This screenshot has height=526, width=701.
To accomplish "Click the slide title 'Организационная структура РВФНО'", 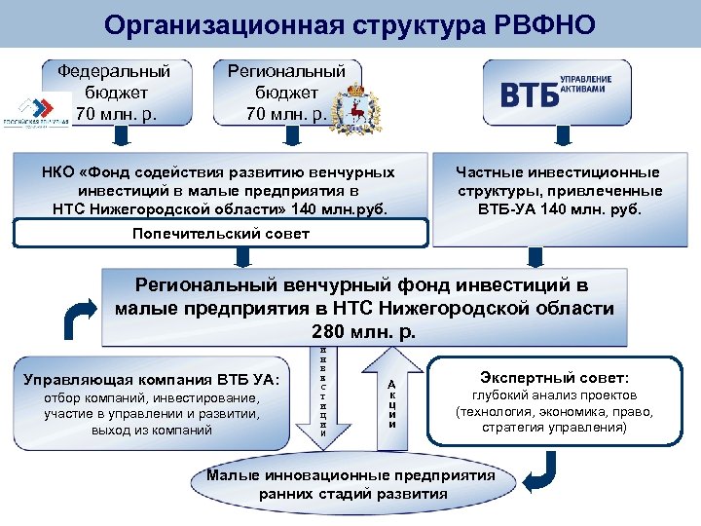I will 350,23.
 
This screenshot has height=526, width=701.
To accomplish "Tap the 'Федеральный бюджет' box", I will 114,93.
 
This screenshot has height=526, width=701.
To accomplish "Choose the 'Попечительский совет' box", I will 220,234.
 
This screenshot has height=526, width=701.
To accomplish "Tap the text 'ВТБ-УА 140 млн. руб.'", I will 559,208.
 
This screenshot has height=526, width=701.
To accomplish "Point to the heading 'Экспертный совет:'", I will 554,376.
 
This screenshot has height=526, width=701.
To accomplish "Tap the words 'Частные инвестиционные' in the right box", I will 559,172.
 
